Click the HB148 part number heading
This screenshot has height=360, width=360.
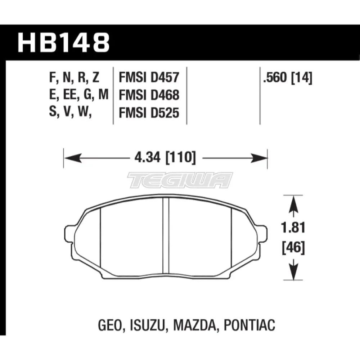click(63, 43)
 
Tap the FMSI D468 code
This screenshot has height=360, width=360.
click(149, 95)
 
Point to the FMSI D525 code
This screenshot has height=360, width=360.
click(149, 113)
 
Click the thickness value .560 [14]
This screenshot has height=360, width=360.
click(288, 78)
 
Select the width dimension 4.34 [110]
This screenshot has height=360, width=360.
click(165, 158)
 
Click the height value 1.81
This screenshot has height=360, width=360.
click(293, 228)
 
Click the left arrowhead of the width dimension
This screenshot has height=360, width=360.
click(73, 158)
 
